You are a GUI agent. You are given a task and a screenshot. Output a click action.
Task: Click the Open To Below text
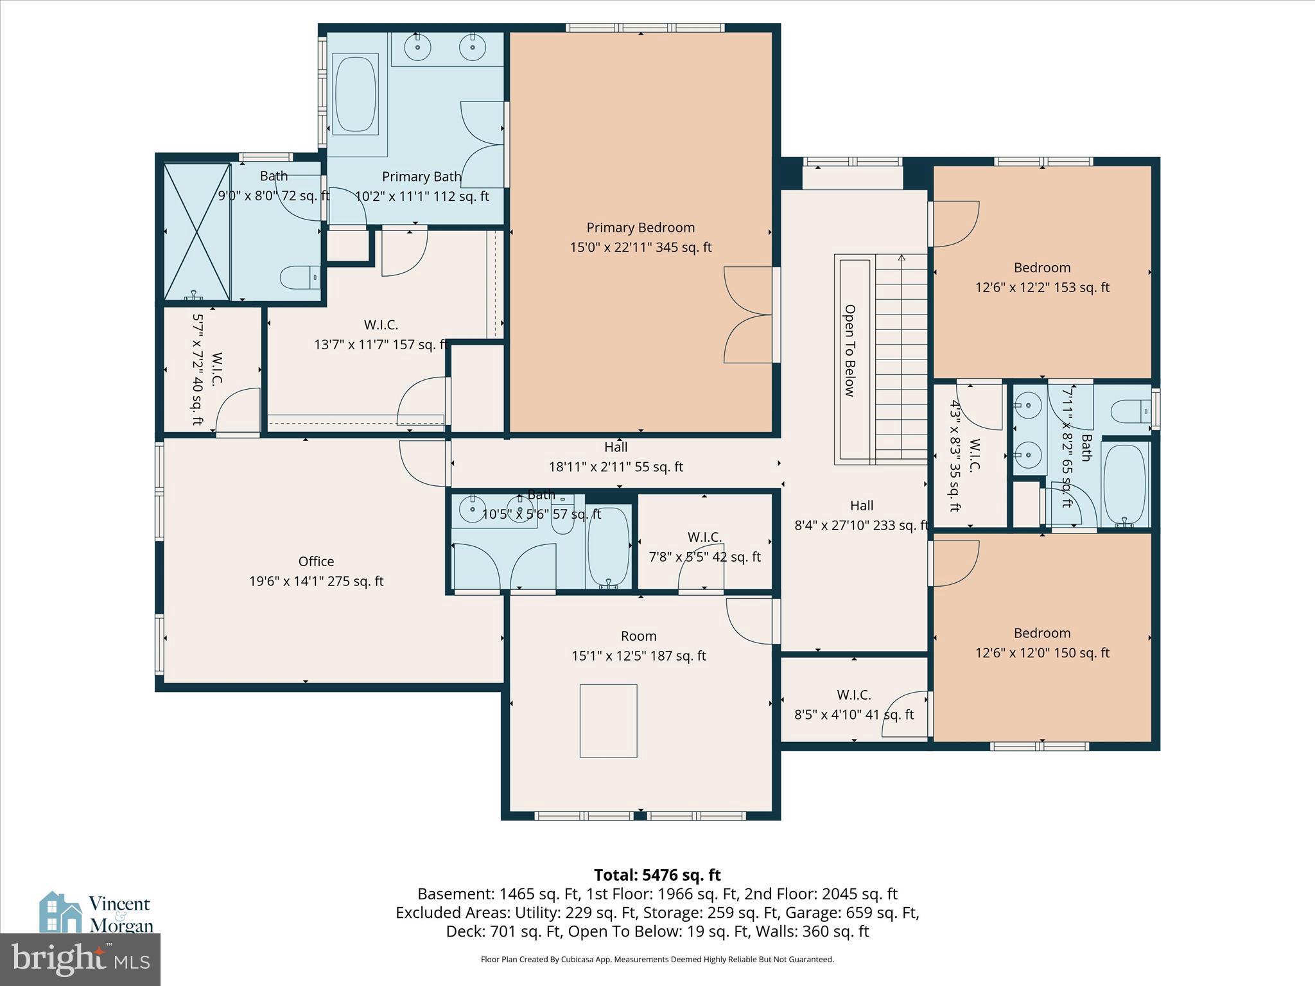click(849, 350)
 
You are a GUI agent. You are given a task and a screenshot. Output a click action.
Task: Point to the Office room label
click(316, 562)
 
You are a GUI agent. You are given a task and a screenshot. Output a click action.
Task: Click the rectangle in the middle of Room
click(608, 721)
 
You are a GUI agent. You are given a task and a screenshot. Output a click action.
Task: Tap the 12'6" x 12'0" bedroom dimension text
click(1041, 653)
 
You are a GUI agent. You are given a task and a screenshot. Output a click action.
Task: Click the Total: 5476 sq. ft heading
click(657, 875)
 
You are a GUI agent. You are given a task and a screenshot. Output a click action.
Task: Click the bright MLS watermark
click(80, 960)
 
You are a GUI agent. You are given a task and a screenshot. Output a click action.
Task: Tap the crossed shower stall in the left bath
click(197, 232)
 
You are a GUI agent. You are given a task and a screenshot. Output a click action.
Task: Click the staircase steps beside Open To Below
click(901, 359)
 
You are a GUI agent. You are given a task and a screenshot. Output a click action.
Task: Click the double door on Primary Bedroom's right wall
click(749, 315)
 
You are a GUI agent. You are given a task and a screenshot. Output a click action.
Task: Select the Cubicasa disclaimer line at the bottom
click(657, 960)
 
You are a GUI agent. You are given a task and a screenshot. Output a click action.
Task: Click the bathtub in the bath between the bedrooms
click(1124, 483)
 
